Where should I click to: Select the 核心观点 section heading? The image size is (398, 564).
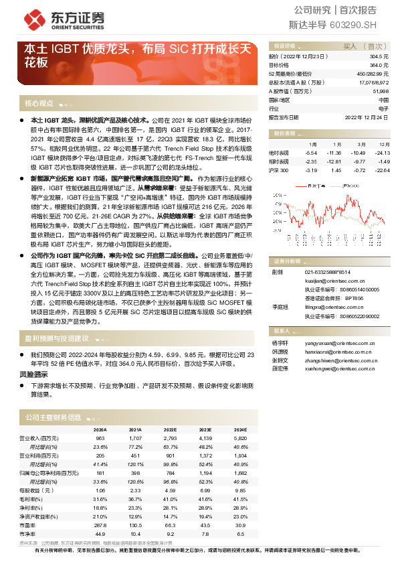[39, 104]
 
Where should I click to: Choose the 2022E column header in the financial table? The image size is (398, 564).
[170, 429]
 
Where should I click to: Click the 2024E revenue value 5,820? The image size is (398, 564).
[239, 437]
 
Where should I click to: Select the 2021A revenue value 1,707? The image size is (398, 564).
[134, 437]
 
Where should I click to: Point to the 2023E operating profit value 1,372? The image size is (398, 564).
[205, 454]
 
